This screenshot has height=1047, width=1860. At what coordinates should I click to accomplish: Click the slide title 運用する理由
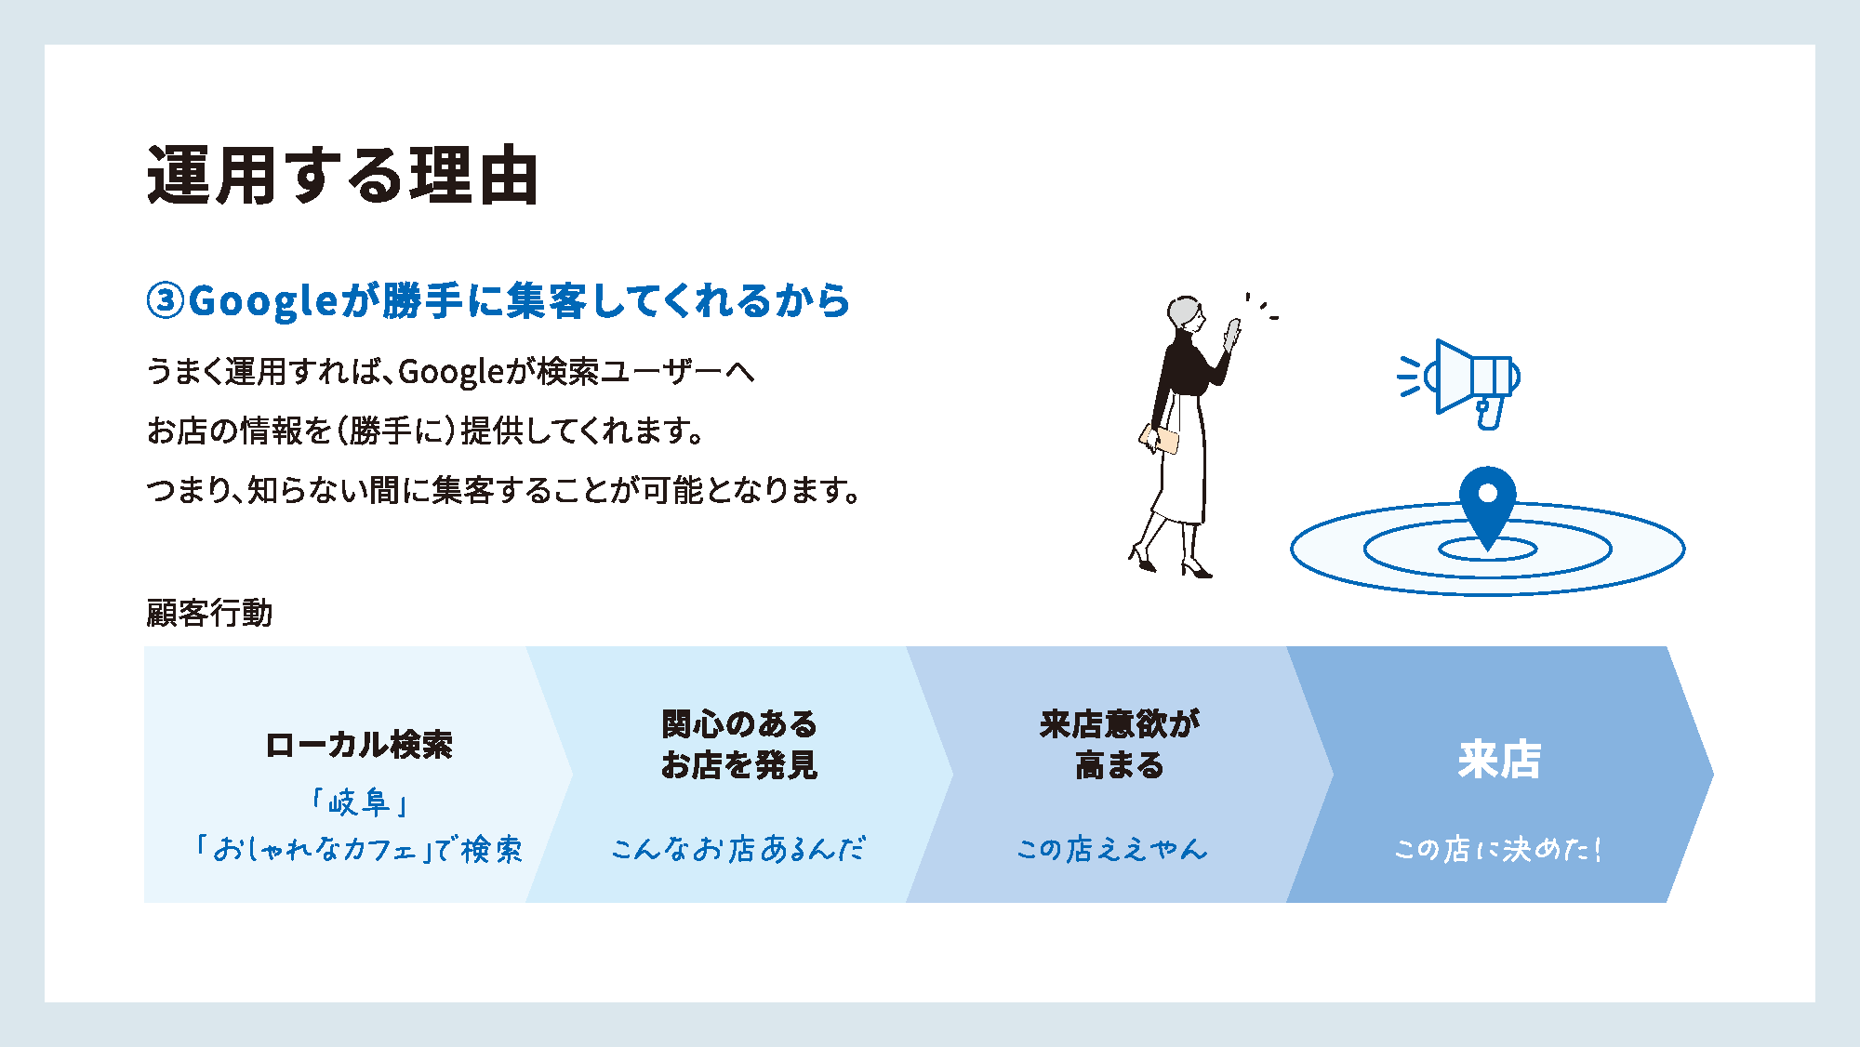tap(342, 175)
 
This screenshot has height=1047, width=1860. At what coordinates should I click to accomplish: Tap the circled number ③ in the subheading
tap(166, 301)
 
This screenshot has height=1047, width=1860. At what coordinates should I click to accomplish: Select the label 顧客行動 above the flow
tap(209, 613)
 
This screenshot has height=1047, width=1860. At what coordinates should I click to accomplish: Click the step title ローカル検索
tap(359, 745)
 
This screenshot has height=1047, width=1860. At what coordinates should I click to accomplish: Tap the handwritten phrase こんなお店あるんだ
tap(738, 849)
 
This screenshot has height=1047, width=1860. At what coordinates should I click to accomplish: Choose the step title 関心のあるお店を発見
tap(739, 744)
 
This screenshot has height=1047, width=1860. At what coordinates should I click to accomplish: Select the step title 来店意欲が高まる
tap(1120, 744)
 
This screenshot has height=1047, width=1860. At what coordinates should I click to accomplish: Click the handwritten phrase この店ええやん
tap(1112, 849)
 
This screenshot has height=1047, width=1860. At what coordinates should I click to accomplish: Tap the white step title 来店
tap(1499, 760)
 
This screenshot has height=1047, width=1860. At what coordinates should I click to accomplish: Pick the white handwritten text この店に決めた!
tap(1497, 849)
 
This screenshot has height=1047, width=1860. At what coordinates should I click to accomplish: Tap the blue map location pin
tap(1487, 503)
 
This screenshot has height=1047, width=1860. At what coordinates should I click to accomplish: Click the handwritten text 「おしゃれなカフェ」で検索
tap(359, 849)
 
